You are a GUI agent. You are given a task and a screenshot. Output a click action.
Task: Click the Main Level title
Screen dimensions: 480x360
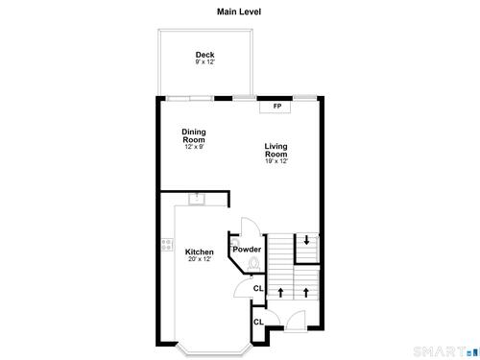(239, 12)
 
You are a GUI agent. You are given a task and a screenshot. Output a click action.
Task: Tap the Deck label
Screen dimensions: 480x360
(205, 55)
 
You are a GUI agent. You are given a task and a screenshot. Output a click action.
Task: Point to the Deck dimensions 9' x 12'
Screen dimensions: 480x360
(205, 62)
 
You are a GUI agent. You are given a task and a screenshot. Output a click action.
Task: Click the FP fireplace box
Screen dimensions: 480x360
(275, 107)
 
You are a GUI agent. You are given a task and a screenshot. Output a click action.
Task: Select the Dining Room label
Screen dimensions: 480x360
(194, 135)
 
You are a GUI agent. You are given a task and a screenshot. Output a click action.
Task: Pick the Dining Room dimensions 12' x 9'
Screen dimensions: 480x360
(194, 147)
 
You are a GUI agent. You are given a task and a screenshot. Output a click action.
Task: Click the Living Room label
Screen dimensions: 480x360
(276, 150)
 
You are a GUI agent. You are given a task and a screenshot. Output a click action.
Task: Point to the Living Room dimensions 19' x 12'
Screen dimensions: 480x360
(276, 161)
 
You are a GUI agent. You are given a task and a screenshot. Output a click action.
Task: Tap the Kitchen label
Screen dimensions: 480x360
(200, 252)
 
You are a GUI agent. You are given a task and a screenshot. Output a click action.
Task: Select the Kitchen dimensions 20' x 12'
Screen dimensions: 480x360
(200, 259)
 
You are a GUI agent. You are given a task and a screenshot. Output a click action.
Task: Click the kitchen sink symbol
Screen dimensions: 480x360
(197, 200)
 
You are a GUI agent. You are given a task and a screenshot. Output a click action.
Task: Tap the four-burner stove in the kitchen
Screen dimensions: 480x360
(167, 245)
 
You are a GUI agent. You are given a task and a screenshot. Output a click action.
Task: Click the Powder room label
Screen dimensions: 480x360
(247, 250)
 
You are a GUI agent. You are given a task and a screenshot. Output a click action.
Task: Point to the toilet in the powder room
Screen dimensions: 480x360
(253, 264)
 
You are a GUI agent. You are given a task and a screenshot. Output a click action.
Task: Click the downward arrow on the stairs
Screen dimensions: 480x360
(306, 240)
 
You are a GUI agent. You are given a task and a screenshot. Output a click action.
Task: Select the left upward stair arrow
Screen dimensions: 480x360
(280, 293)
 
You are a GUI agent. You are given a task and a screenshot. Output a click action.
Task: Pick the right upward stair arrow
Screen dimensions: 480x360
(306, 293)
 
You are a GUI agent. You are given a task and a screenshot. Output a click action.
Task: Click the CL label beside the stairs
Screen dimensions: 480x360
(258, 288)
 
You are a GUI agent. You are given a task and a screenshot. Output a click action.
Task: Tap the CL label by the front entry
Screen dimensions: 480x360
(258, 322)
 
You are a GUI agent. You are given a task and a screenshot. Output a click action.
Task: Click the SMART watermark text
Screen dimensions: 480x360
(440, 352)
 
